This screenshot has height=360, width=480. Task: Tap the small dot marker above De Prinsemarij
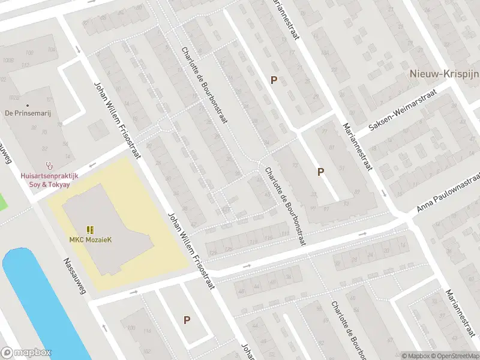click(x=27, y=105)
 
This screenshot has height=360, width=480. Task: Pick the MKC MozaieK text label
click(x=90, y=240)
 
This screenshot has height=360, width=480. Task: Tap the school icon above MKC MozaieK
click(x=90, y=230)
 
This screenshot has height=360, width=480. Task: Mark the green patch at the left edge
click(x=3, y=201)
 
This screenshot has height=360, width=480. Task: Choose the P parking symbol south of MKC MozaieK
click(x=187, y=320)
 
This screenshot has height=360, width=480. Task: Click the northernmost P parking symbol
click(x=274, y=80)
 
